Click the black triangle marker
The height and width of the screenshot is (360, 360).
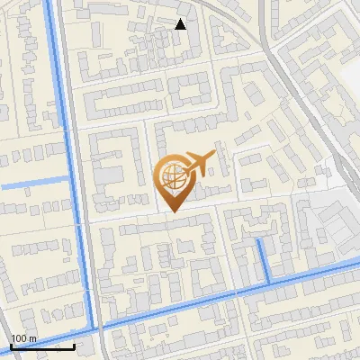[x=181, y=24]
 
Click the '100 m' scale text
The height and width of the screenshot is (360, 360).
[x=23, y=338]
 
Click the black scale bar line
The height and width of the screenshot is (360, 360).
[x=42, y=347]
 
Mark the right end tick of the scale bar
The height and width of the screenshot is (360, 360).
[x=74, y=346]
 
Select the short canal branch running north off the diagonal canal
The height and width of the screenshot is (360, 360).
[x=263, y=261]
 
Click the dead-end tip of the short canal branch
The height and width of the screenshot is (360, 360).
[x=258, y=239]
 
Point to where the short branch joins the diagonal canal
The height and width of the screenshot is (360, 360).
[x=268, y=284]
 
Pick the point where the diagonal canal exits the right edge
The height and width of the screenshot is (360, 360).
[x=358, y=265]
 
